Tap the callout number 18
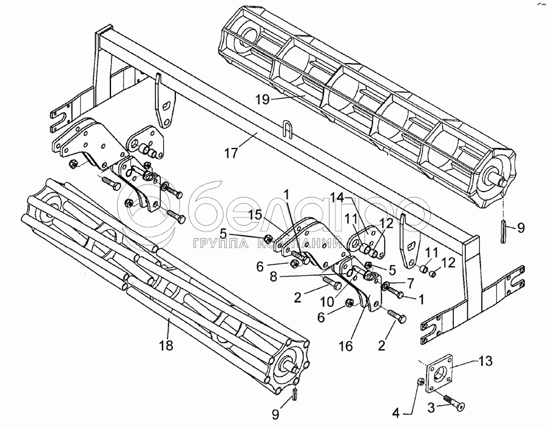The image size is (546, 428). click(x=166, y=346)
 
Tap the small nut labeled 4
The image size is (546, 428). click(x=420, y=382)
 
